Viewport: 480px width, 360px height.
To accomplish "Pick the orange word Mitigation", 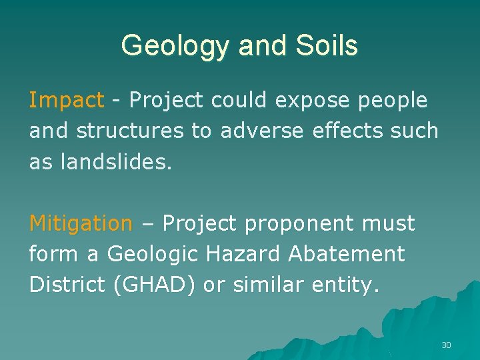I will (81, 223).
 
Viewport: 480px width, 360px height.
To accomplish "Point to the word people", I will (394, 101).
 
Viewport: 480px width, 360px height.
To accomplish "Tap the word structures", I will (131, 131).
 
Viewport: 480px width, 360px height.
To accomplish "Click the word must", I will (389, 223).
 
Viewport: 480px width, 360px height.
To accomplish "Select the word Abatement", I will (341, 253).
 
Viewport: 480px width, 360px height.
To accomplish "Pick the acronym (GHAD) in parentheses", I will (155, 285).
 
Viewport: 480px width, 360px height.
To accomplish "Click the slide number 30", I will (446, 345).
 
